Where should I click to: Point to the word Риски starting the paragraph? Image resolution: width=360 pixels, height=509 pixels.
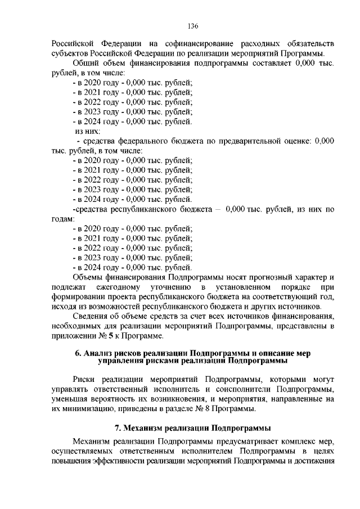tap(84, 379)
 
